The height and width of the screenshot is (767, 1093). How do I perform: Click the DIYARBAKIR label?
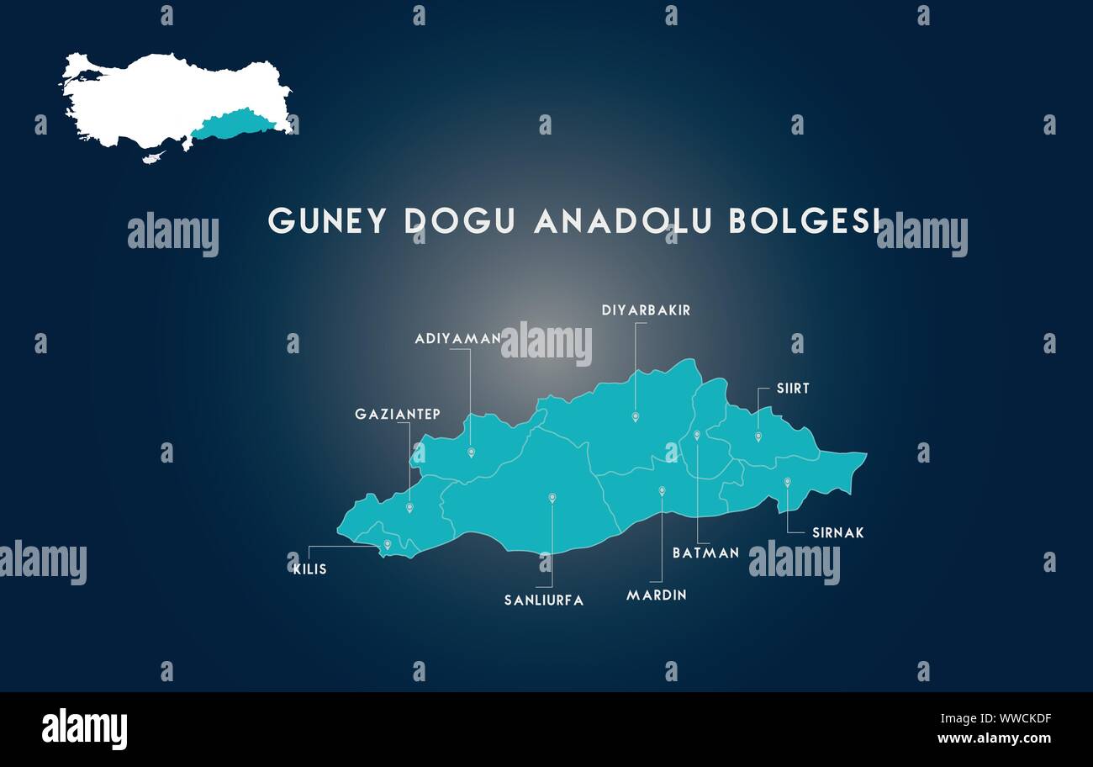pos(646,310)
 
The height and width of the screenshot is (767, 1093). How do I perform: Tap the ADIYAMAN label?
pos(457,339)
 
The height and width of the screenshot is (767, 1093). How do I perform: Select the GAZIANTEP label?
pos(398,415)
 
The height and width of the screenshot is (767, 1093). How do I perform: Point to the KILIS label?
pos(309,569)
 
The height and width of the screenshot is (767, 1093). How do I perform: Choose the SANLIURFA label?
pos(544,600)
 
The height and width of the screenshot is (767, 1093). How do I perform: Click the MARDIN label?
pos(657,595)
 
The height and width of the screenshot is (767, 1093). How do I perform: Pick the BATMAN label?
pos(705,553)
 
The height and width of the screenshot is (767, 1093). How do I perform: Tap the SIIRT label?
pos(793,389)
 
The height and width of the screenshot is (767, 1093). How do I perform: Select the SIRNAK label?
pos(837,533)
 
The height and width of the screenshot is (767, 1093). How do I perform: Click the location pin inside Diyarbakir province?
pos(636,417)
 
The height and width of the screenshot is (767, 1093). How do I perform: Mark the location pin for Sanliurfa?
pos(552,498)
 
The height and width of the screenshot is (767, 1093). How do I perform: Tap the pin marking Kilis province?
pos(388,545)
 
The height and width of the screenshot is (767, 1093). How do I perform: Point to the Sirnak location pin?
pos(788,482)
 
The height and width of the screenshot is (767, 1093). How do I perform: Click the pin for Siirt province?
pos(758,436)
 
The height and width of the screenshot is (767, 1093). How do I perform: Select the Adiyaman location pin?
pos(472,452)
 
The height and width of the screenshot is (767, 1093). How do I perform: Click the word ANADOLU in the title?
pos(623,221)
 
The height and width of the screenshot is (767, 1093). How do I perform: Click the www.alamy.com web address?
pos(994,738)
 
